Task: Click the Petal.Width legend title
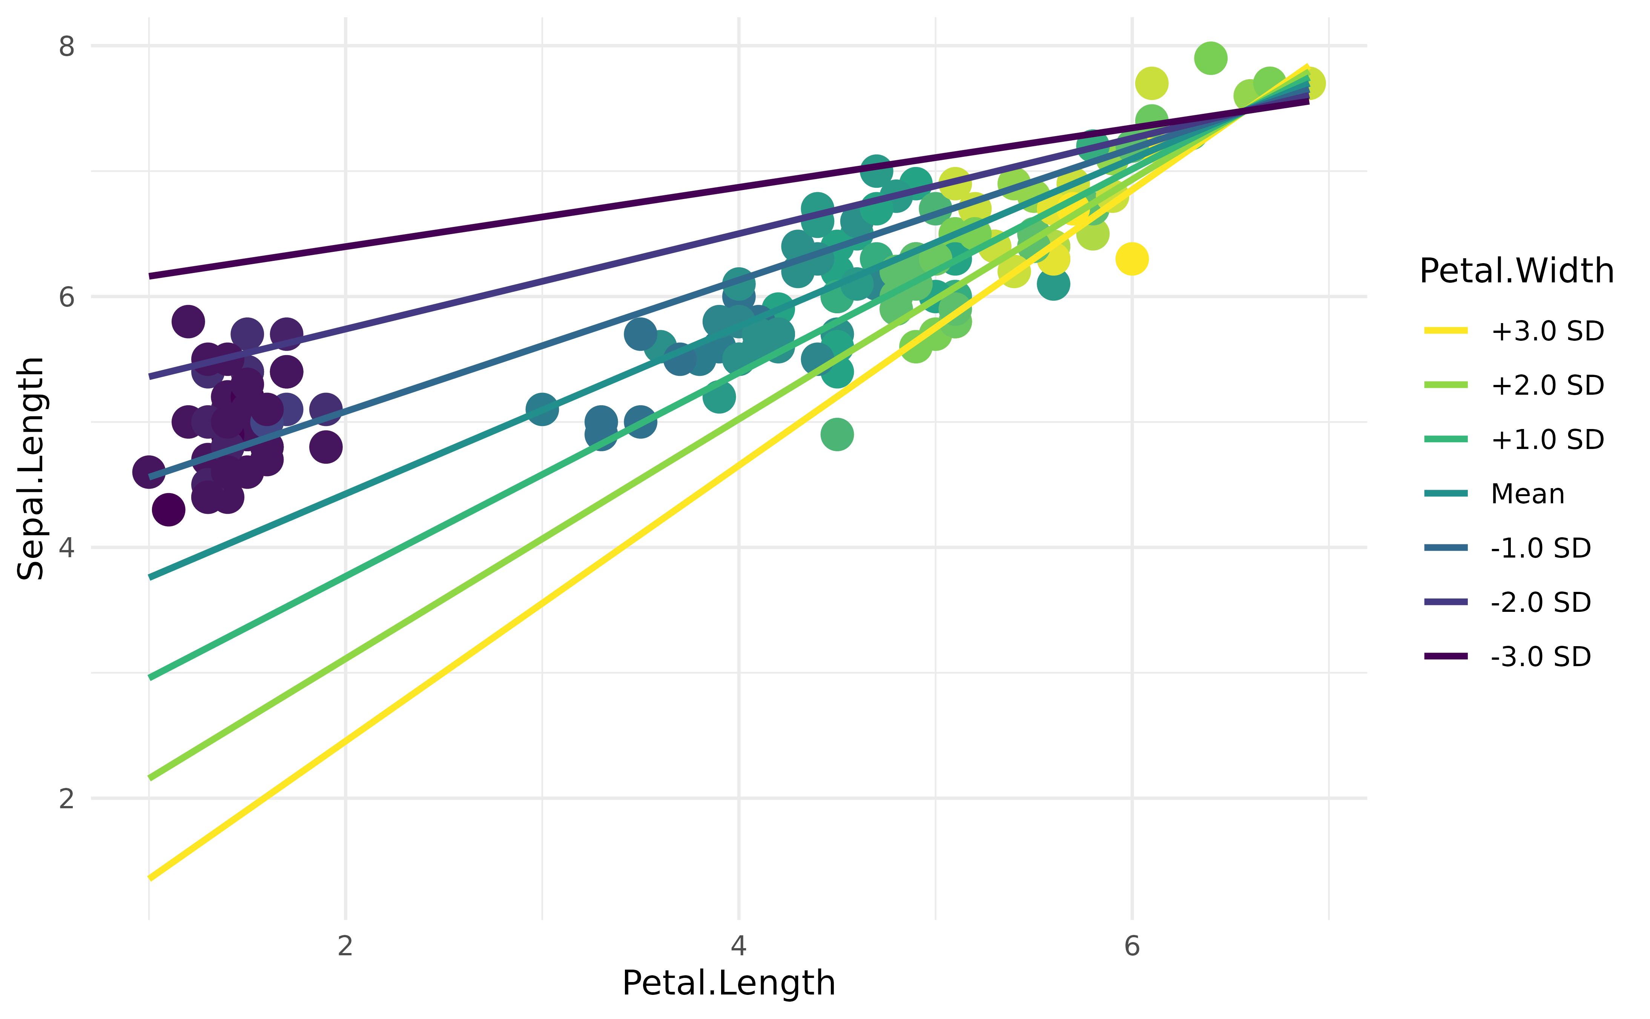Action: coord(1516,271)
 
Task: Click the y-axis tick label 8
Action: coord(66,46)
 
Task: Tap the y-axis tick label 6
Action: coord(66,297)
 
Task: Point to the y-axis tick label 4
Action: coord(66,547)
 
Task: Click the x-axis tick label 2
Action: coord(345,946)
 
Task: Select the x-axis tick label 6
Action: coord(1132,946)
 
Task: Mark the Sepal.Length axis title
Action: coord(30,468)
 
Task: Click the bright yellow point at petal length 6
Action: coord(1132,259)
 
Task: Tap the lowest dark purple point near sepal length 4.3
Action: coord(169,510)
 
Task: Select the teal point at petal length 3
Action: coord(542,409)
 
